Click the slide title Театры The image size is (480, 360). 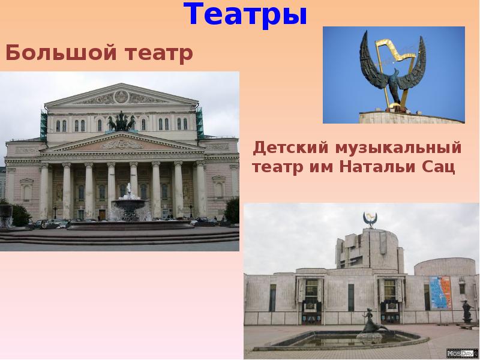tap(245, 14)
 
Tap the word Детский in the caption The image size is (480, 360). tap(284, 147)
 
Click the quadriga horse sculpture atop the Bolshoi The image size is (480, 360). tap(121, 122)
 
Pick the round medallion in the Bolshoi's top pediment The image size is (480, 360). tap(121, 96)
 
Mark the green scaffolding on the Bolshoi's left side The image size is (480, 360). tap(43, 125)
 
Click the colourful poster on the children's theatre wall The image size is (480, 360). tap(440, 292)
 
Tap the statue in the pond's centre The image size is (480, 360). tap(367, 324)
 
